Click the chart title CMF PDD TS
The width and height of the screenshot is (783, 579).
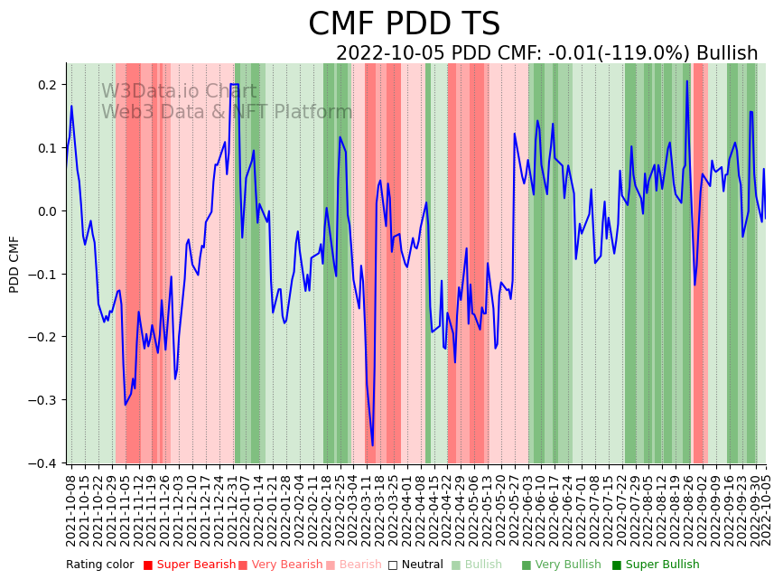click(404, 24)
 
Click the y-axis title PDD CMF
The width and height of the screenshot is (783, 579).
click(14, 264)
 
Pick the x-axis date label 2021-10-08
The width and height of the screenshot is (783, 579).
click(71, 506)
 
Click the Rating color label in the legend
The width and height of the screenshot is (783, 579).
click(99, 565)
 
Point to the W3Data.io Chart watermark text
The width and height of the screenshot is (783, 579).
click(179, 91)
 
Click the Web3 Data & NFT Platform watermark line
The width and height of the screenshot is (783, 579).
click(226, 112)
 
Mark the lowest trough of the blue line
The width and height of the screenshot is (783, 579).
click(372, 445)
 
